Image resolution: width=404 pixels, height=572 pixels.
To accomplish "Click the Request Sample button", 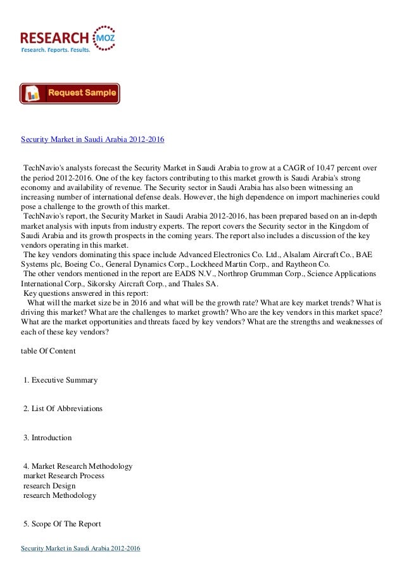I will [x=70, y=93].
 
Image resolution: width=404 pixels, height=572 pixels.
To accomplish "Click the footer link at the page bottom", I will [x=80, y=548].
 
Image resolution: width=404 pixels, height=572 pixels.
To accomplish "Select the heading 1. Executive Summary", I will [x=60, y=380].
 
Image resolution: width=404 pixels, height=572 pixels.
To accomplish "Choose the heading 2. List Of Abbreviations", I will [x=63, y=409].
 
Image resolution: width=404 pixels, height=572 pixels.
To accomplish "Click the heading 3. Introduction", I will [x=47, y=438].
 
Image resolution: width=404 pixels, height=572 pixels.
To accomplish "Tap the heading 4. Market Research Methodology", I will [x=78, y=466].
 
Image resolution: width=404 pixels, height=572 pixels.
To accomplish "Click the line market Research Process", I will [x=64, y=476].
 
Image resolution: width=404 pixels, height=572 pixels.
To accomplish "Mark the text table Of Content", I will [x=48, y=351].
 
